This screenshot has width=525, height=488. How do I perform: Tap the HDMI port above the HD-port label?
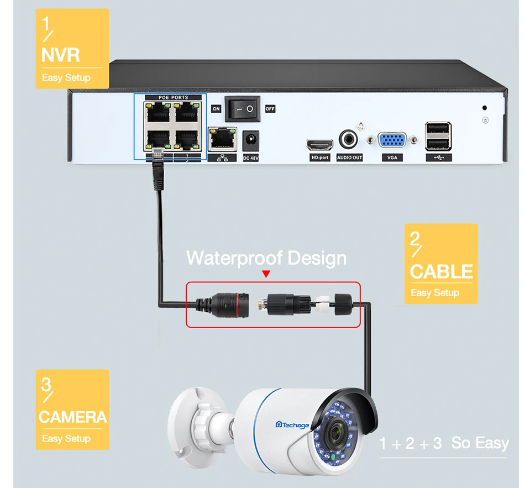click(x=320, y=145)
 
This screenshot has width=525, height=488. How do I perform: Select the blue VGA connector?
click(x=392, y=140)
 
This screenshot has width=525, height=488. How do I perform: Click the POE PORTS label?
click(x=174, y=98)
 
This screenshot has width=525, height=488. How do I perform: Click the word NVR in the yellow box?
click(x=61, y=55)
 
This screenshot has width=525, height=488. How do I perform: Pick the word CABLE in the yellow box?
click(x=441, y=272)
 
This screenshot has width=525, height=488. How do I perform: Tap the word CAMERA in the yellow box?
click(x=72, y=417)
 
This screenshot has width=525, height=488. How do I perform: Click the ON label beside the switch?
click(x=216, y=109)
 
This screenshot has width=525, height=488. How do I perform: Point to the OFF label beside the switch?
click(x=270, y=109)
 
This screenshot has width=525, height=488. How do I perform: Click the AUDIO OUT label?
click(x=349, y=158)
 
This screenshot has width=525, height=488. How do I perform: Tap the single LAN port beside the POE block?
click(x=222, y=139)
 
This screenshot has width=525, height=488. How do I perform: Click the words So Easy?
click(x=480, y=443)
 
